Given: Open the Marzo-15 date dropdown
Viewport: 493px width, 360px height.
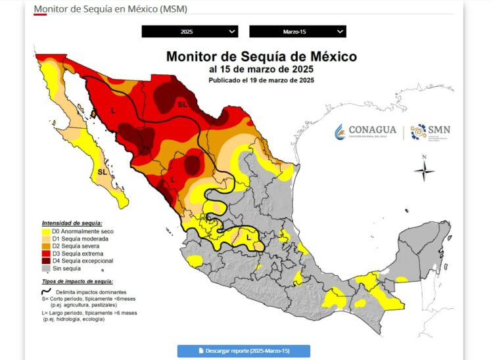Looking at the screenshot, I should (298, 32).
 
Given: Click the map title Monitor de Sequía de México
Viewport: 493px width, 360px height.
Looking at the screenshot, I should (261, 56).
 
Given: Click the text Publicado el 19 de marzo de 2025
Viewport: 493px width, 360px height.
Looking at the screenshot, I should (261, 80).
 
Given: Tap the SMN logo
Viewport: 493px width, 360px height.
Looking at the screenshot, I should (431, 131).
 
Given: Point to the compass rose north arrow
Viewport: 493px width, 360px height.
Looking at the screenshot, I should (425, 169).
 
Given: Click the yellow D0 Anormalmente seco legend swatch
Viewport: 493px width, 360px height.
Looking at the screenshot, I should (45, 232).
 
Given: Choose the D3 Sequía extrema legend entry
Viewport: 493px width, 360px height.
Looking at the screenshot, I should (75, 254).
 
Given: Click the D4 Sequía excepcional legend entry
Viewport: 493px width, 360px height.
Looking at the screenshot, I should (78, 261).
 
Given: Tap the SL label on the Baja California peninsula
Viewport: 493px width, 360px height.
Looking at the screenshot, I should (103, 172).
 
